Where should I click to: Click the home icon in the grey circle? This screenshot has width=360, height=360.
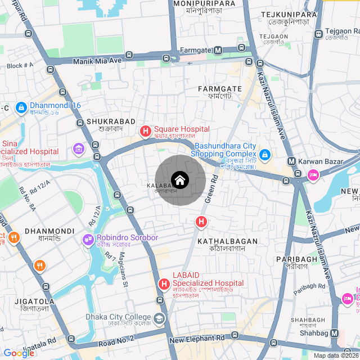(179, 180)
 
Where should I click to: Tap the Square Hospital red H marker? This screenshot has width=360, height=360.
(146, 132)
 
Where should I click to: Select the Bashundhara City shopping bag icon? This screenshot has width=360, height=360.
(265, 154)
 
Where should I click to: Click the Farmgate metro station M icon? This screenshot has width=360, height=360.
(218, 51)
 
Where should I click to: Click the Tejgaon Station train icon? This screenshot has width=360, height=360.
(318, 34)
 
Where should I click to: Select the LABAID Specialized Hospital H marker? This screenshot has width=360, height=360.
(164, 284)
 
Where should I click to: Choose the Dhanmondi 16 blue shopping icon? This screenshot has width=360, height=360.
(21, 106)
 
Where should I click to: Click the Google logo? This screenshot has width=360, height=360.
(19, 353)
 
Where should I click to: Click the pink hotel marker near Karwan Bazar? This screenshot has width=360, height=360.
(313, 175)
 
